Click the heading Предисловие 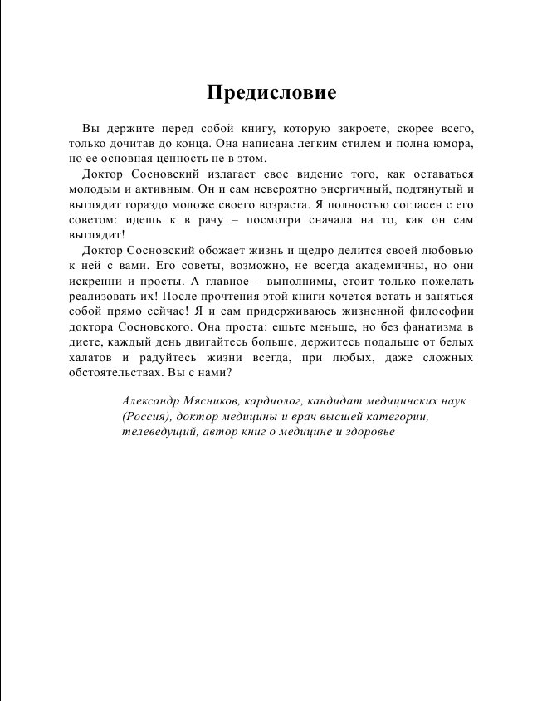[271, 92]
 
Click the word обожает [220, 251]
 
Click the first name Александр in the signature [154, 402]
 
